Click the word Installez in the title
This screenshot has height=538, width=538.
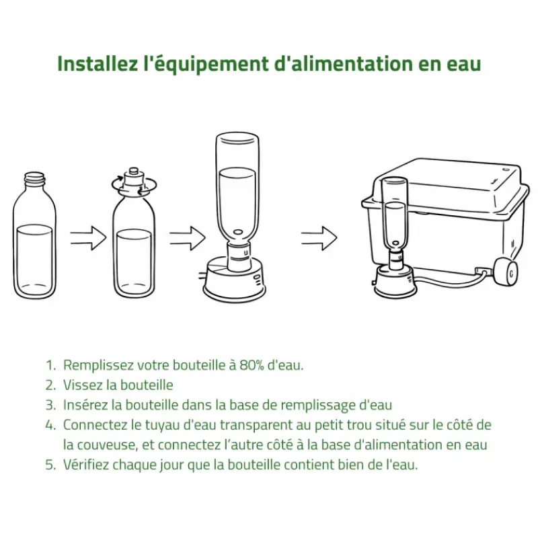[98, 64]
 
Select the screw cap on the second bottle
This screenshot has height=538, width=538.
[134, 178]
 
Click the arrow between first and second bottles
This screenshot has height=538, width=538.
[88, 238]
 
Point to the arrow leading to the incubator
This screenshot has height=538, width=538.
[319, 238]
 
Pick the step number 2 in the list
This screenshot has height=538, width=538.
[50, 385]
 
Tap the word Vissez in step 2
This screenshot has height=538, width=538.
[83, 385]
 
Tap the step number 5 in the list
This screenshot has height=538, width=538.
[50, 465]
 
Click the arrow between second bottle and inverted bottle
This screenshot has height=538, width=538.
[188, 238]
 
